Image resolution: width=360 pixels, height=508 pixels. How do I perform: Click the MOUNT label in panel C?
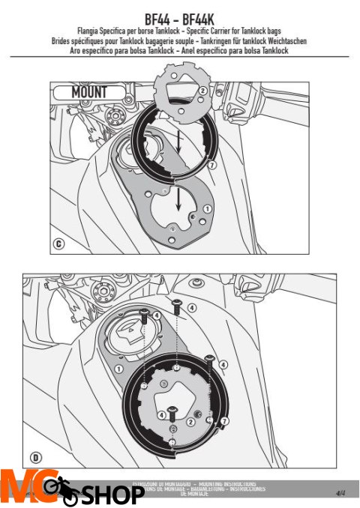pos(88,93)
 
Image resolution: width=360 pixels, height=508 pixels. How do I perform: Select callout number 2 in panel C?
pos(202,91)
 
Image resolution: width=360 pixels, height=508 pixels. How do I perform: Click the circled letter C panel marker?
pos(58,243)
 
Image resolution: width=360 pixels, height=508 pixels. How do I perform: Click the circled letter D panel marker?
pos(35,457)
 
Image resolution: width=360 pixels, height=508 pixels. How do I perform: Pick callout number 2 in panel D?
pos(191,421)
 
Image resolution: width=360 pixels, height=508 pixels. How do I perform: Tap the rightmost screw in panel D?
pos(210,362)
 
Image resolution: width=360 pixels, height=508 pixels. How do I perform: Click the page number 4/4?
pos(340,493)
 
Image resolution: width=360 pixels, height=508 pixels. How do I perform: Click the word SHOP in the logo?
pos(112,495)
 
